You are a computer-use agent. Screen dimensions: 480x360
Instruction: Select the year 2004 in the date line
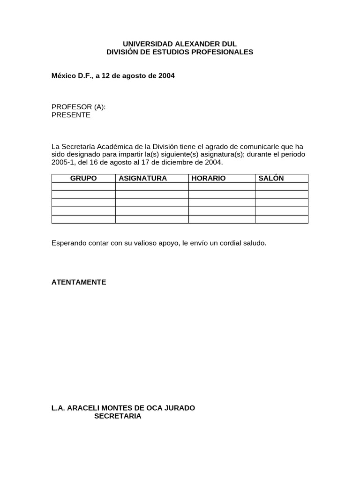(166, 75)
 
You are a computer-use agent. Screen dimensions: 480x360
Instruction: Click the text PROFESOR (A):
(78, 107)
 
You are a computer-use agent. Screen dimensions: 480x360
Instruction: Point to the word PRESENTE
(71, 115)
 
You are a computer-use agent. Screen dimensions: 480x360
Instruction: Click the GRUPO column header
(83, 178)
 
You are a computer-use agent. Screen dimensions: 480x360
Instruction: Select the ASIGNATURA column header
(143, 178)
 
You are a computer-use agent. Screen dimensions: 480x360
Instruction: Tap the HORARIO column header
(209, 178)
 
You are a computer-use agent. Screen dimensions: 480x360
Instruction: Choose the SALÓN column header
(271, 178)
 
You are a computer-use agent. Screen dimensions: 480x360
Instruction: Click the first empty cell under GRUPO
(83, 187)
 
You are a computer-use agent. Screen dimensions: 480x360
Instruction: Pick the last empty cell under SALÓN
(281, 219)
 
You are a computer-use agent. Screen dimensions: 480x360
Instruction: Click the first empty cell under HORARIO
(222, 187)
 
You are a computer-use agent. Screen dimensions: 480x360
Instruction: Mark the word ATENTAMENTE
(79, 282)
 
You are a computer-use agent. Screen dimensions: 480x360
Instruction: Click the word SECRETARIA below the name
(118, 416)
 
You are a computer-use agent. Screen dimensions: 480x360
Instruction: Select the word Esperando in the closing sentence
(67, 243)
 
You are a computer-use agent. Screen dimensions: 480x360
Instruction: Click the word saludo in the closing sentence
(254, 243)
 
